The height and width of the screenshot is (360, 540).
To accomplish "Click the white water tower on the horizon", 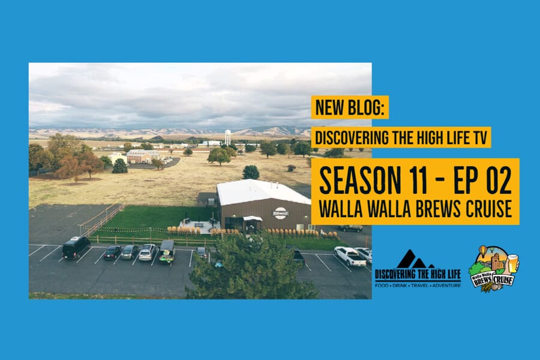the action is point(227,136).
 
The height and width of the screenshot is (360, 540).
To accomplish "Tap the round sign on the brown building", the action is point(280,213).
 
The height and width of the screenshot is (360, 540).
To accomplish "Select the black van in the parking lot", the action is point(76,247).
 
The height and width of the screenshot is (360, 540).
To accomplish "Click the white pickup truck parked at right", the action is point(350,256).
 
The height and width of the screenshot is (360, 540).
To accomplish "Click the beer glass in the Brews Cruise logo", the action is point(513,263).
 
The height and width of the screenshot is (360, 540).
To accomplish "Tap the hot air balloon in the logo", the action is point(484,251).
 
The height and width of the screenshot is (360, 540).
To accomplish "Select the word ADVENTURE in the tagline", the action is point(446,286).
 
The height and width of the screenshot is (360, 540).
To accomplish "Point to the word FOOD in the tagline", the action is point(381,286).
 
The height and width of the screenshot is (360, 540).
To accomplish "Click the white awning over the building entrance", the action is point(253,218).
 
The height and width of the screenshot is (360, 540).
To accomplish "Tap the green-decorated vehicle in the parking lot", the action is point(167,252).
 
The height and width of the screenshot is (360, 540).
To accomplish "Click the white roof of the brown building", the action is point(262,191).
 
